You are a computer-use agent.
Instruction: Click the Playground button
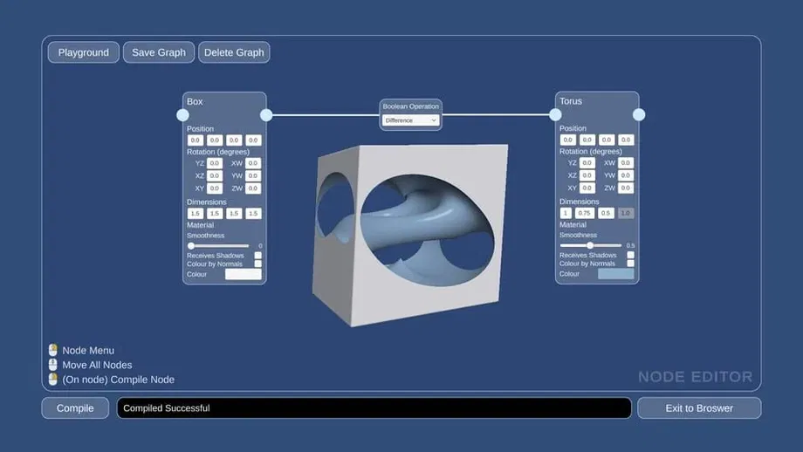pos(84,52)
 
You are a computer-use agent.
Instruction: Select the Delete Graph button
pos(234,52)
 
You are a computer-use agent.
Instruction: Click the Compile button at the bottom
pos(75,407)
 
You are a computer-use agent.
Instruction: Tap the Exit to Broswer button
pos(699,407)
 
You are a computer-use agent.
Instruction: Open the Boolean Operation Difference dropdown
pos(410,120)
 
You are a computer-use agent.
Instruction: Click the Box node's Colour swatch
pos(244,274)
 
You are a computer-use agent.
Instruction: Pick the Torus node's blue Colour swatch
pos(615,274)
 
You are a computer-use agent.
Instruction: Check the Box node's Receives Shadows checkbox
pos(258,256)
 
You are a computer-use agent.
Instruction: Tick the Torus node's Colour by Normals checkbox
pos(631,264)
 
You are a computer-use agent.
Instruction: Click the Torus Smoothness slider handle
pos(590,245)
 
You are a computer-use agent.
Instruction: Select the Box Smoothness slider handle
pos(191,245)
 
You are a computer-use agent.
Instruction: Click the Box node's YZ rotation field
pos(215,163)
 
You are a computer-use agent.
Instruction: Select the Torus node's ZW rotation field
pos(626,188)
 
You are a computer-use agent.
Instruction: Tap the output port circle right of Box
pos(266,114)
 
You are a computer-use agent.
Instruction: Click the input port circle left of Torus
pos(555,114)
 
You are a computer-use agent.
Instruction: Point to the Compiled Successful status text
pos(167,407)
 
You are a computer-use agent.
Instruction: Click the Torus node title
pos(571,101)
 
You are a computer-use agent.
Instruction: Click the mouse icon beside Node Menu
pos(53,350)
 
